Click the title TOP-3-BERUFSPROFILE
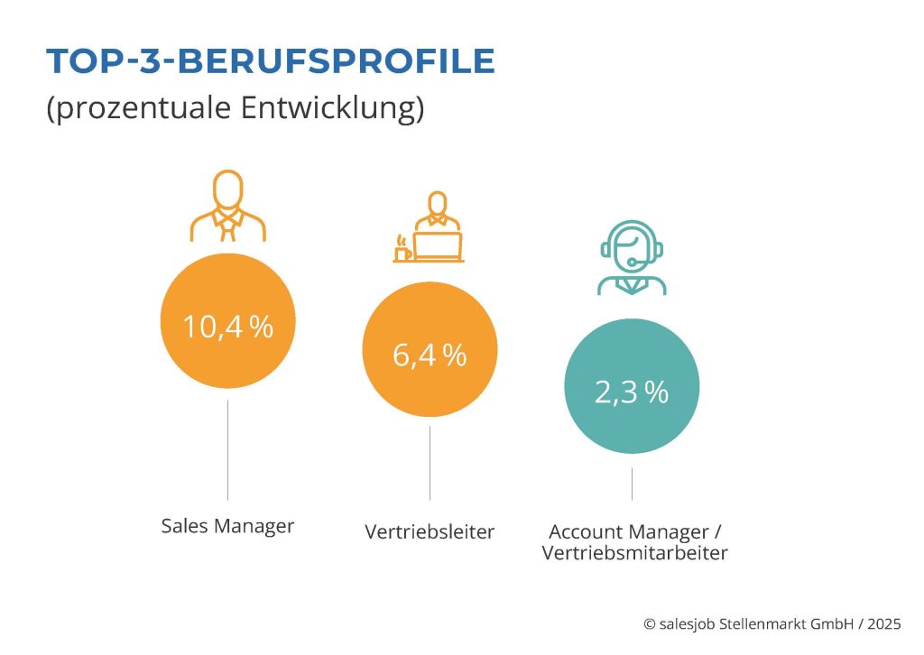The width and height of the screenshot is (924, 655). click(270, 60)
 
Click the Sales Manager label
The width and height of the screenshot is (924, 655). click(227, 526)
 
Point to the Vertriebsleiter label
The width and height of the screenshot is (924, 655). click(430, 531)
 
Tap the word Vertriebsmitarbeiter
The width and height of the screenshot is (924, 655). click(634, 553)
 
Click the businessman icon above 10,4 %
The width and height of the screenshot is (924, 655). click(227, 207)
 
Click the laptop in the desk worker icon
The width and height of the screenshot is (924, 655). click(439, 245)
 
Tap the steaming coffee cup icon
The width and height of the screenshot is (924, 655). click(402, 250)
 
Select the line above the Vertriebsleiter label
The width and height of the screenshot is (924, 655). click(430, 463)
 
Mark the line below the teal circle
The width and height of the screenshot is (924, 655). click(632, 484)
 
